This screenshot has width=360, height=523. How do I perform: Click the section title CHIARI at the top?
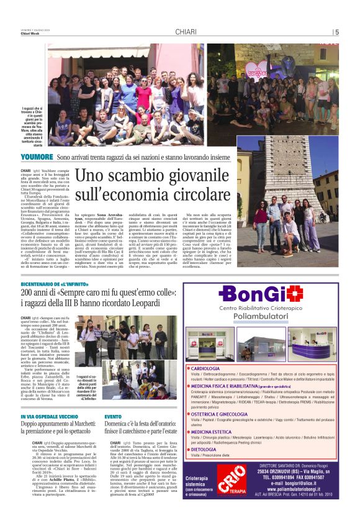186,32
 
